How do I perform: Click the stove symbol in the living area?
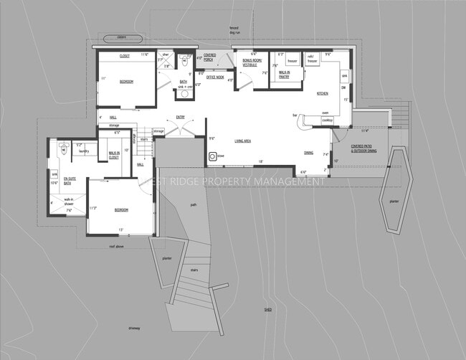point(213,155)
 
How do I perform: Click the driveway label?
point(134,328)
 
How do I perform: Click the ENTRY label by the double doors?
point(181,117)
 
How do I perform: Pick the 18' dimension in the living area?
point(260,161)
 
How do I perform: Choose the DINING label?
point(308,153)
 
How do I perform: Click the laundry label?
point(83,151)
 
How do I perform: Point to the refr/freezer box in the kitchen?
point(313,60)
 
